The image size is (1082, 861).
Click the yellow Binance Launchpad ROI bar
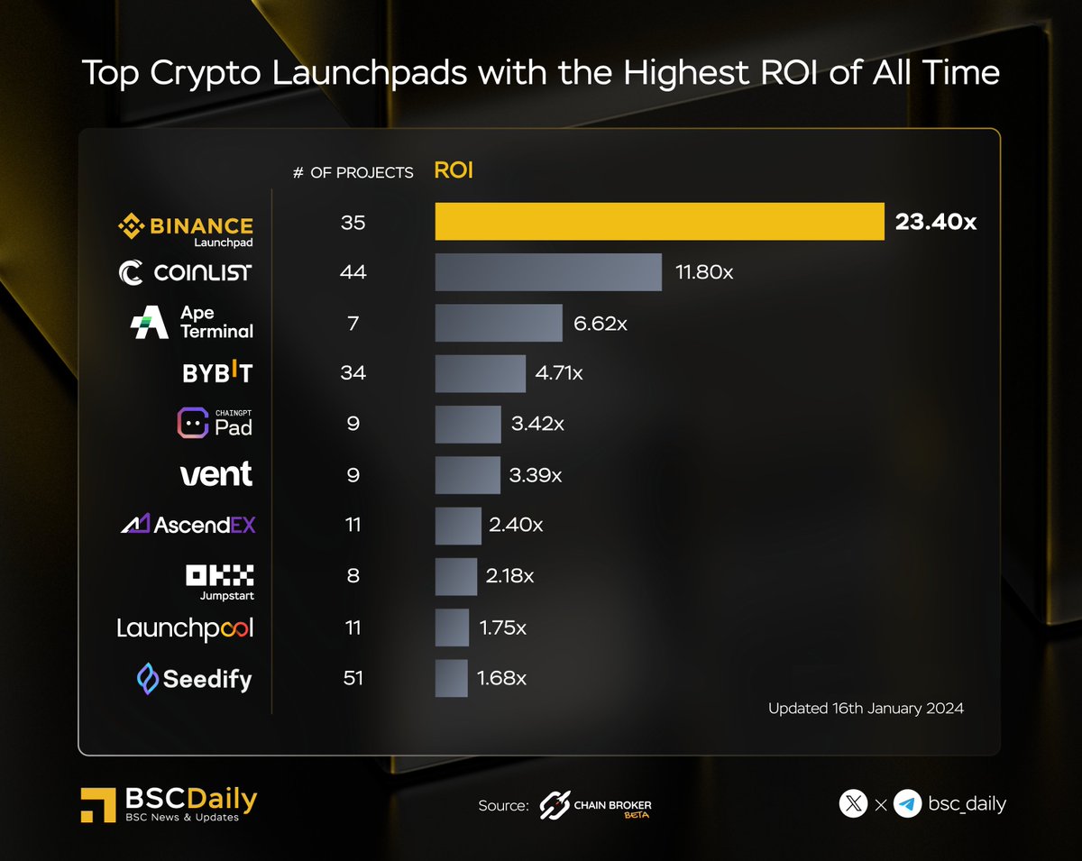pos(659,222)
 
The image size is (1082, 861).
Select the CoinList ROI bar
pos(548,272)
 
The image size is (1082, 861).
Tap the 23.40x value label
pos(935,222)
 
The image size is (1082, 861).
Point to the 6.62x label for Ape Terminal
pos(600,323)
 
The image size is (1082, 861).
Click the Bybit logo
pos(217,372)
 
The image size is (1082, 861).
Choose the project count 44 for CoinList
pos(353,272)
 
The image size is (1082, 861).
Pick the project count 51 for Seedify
pos(353,678)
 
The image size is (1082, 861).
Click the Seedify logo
pos(194,678)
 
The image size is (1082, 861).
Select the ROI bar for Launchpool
pos(452,627)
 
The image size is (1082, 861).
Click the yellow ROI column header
pos(454,170)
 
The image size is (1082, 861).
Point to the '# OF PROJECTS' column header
pos(353,171)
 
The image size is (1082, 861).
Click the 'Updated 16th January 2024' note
pos(866,709)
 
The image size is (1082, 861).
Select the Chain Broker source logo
pos(595,805)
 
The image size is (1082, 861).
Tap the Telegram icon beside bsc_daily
pos(907,803)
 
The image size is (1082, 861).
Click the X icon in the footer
pos(853,803)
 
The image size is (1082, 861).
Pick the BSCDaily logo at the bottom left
pos(169,804)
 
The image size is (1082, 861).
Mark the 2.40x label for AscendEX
pos(516,525)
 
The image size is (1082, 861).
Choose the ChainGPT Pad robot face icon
pos(192,423)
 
